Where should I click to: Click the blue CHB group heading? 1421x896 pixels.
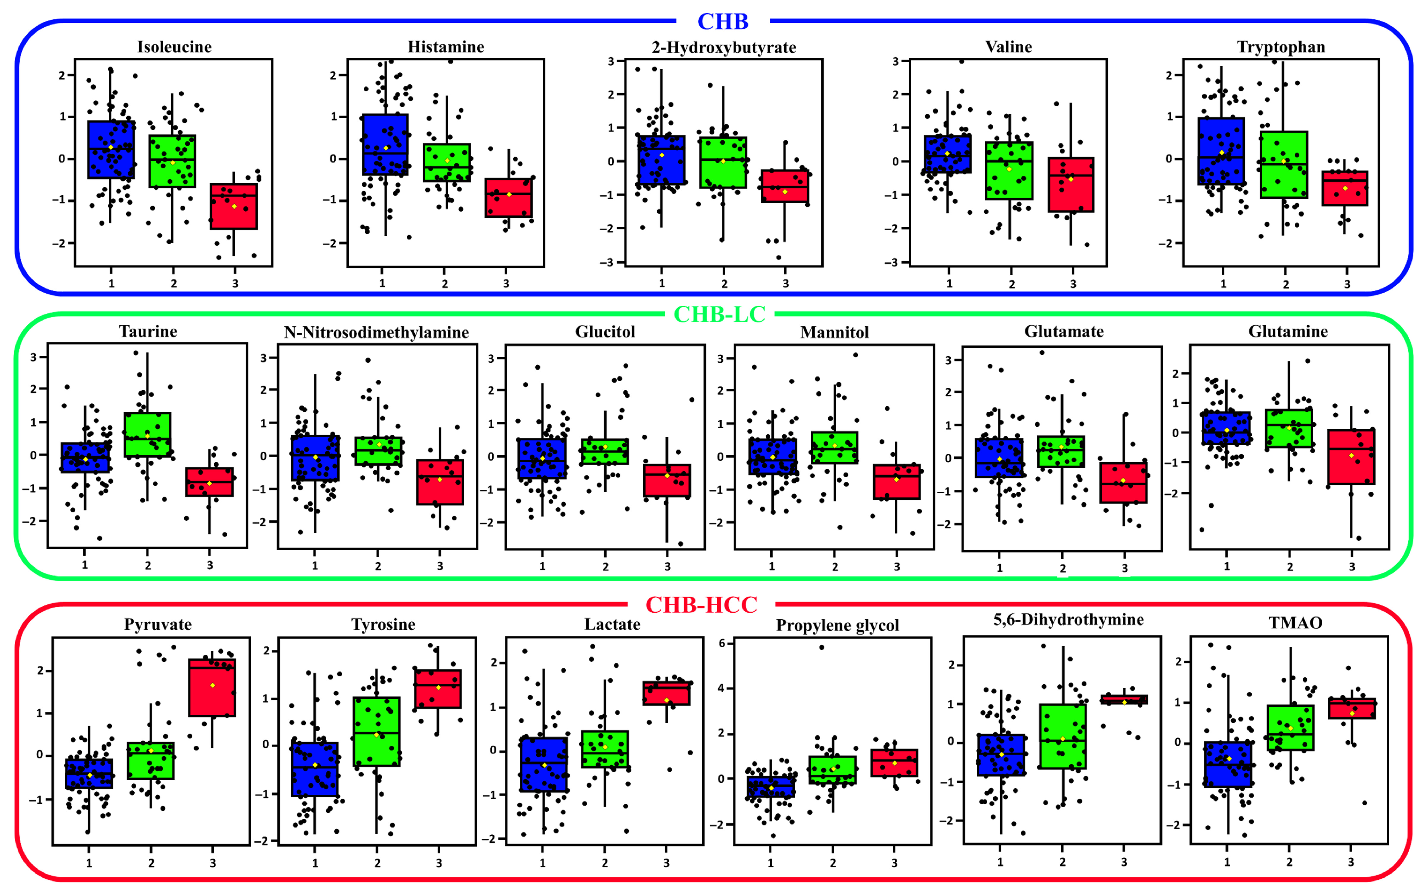(x=722, y=22)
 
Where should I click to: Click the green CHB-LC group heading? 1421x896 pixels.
(x=720, y=314)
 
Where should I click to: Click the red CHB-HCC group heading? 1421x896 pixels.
(x=701, y=605)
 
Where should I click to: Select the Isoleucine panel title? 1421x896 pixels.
(x=174, y=47)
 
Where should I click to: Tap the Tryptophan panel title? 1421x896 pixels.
(x=1281, y=47)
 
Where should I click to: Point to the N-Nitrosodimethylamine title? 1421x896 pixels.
(x=377, y=333)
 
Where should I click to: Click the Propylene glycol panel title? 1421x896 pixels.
(x=837, y=625)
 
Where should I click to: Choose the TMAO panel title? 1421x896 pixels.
(x=1295, y=623)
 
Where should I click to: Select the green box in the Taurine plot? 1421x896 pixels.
(x=148, y=434)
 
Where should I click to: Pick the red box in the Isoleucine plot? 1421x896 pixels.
(x=234, y=207)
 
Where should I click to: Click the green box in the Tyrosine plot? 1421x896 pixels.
(x=377, y=731)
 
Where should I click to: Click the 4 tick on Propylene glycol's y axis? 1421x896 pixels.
(x=722, y=688)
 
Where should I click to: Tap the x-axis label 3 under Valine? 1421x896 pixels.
(x=1073, y=284)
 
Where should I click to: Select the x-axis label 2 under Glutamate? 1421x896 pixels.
(x=1062, y=569)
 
